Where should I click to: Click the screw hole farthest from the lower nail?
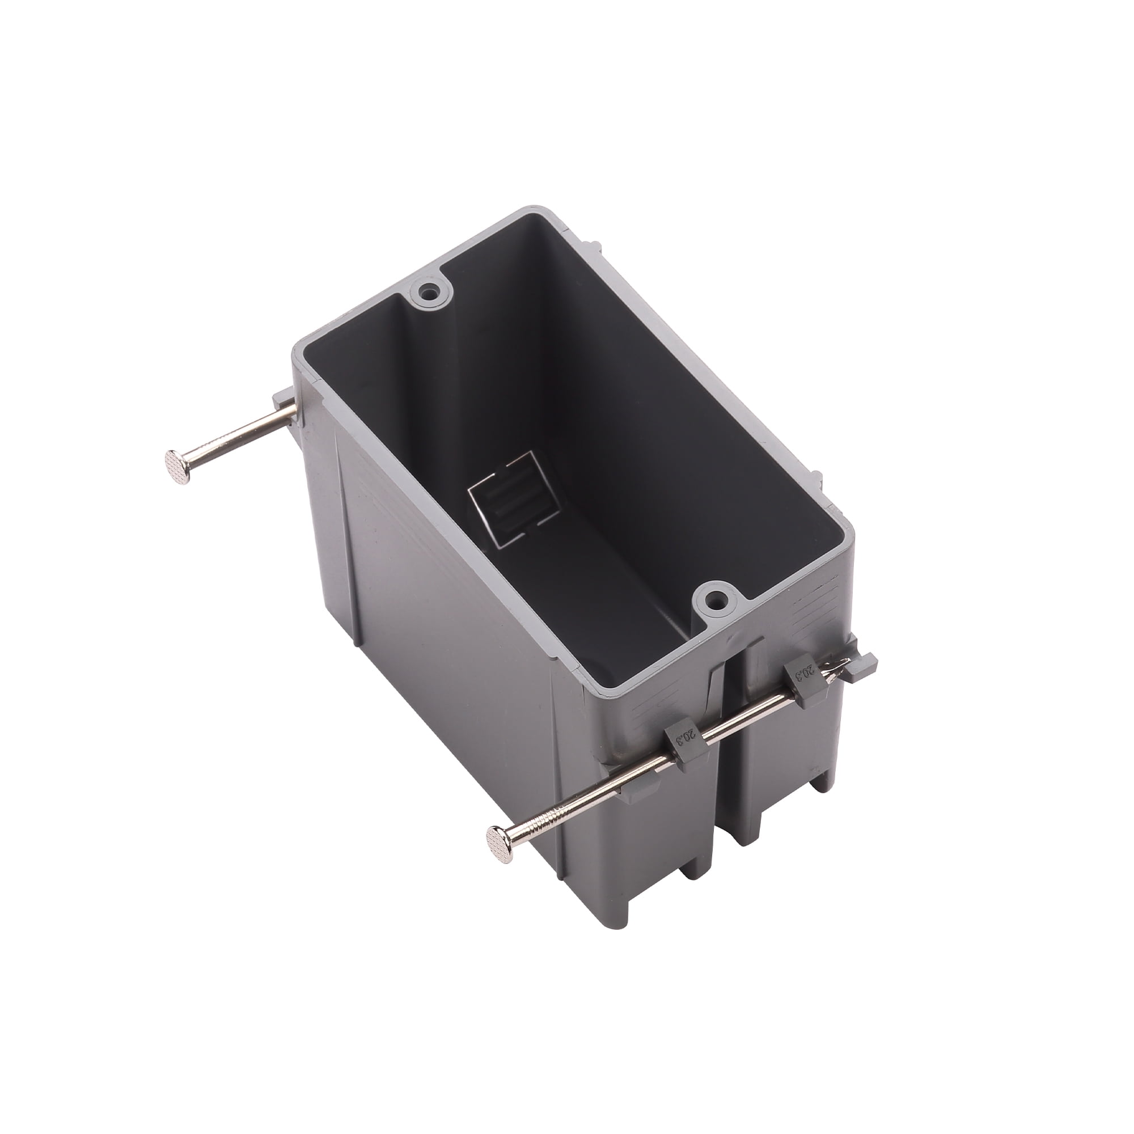[432, 290]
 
